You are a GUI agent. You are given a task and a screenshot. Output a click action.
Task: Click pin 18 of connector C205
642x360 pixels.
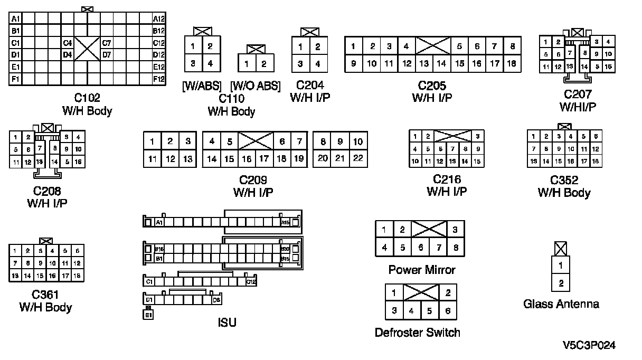click(x=511, y=63)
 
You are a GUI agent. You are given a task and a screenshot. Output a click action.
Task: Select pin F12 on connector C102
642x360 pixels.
click(x=159, y=79)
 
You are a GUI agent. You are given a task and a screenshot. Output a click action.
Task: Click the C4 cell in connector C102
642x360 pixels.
click(x=68, y=43)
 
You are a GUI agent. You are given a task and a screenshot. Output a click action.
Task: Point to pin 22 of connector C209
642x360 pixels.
click(x=358, y=158)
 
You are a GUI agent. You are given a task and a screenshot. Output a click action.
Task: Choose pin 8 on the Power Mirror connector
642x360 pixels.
click(x=455, y=247)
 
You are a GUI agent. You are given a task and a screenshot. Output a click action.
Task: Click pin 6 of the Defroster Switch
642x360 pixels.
click(x=448, y=311)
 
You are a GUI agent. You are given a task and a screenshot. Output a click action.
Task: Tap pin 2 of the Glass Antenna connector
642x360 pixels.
click(x=561, y=283)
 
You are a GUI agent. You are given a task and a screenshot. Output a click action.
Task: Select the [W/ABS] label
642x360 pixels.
click(x=202, y=86)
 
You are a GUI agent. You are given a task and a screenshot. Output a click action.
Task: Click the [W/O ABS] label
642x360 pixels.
click(x=256, y=86)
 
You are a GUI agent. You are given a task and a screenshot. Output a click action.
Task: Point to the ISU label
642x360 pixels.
click(x=227, y=322)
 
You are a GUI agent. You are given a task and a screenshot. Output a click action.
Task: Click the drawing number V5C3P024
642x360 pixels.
click(x=589, y=345)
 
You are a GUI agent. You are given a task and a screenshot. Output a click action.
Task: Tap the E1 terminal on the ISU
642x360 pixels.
click(x=149, y=315)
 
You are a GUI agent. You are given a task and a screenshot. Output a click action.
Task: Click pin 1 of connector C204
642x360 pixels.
click(x=300, y=47)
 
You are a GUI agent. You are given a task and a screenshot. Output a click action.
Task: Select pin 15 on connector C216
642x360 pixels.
click(x=477, y=162)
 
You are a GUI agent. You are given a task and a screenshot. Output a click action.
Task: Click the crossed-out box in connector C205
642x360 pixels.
click(x=432, y=46)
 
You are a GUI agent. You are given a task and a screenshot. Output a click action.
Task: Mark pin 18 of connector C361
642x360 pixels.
click(x=77, y=276)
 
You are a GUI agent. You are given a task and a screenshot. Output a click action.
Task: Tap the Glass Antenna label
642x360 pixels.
click(x=561, y=304)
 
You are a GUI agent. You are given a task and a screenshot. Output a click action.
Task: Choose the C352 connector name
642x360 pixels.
click(x=564, y=180)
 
